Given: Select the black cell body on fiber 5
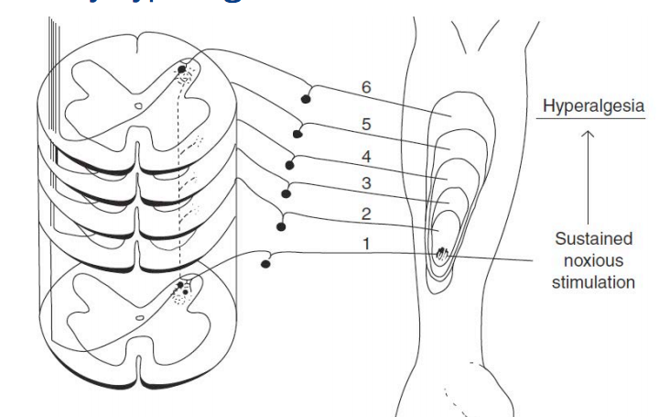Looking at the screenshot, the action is click(x=297, y=133).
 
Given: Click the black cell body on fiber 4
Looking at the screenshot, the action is click(x=290, y=166).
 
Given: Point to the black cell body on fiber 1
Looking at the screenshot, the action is click(x=265, y=264).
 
